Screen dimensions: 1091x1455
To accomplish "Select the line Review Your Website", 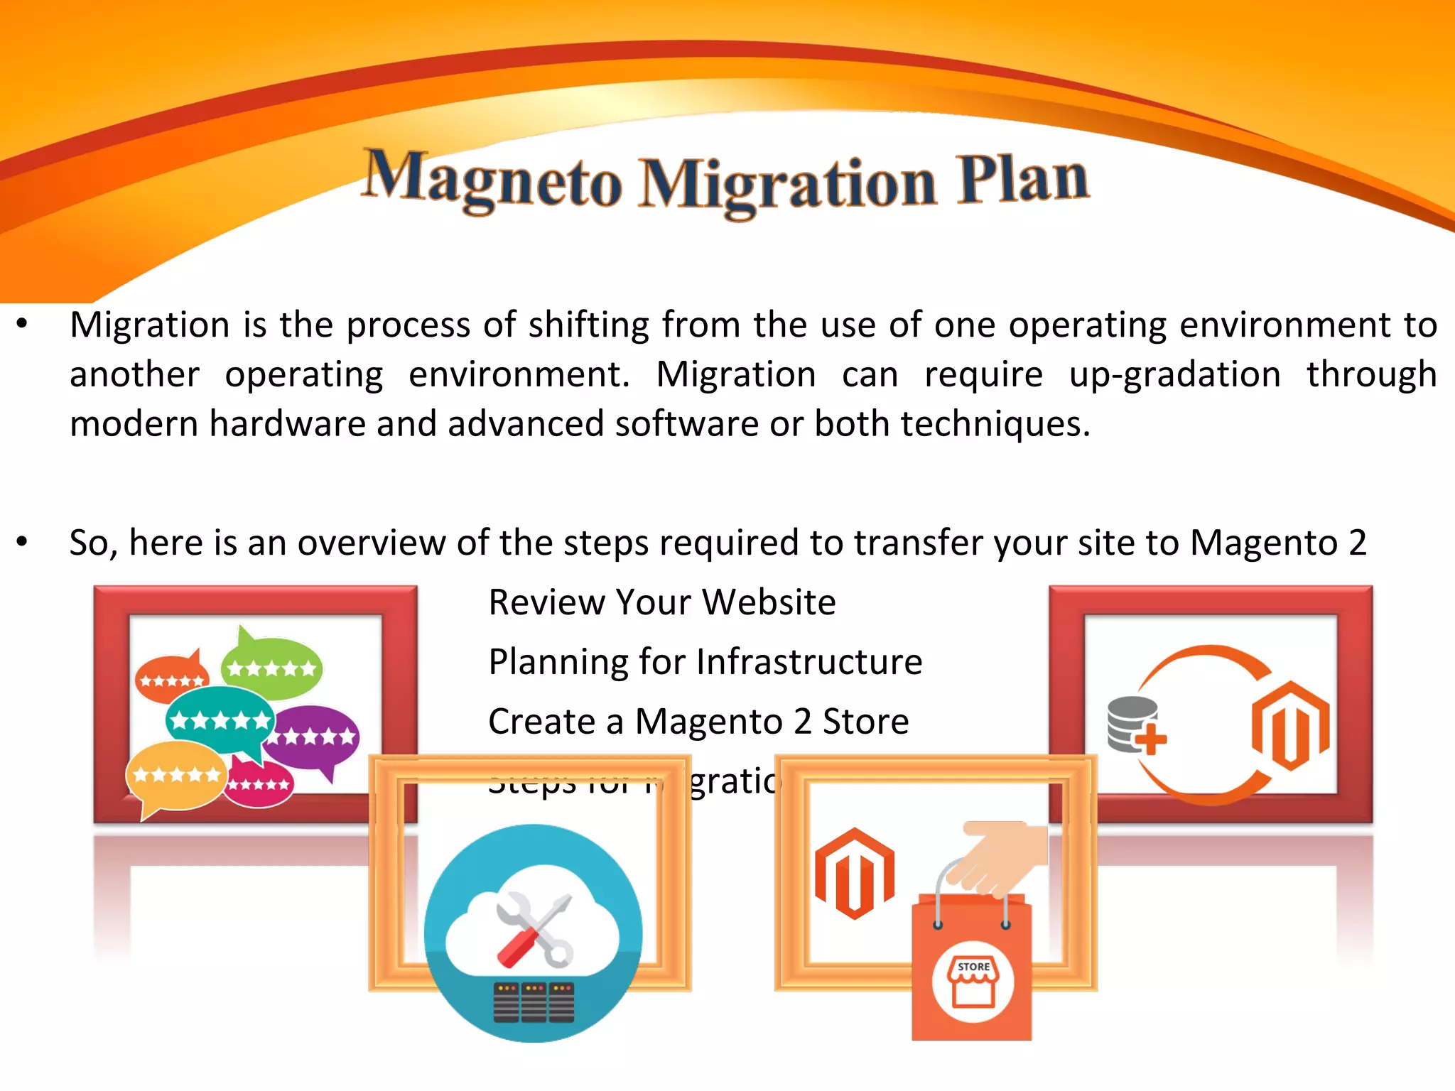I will pyautogui.click(x=662, y=602).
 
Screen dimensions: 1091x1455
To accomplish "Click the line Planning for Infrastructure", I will pyautogui.click(x=705, y=662).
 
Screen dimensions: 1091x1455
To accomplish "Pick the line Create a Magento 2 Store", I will pyautogui.click(x=698, y=722).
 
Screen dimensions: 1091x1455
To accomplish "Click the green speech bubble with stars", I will pyautogui.click(x=271, y=666).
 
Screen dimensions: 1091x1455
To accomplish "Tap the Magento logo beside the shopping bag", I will pyautogui.click(x=855, y=874).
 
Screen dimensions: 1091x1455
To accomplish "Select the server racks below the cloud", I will pyautogui.click(x=534, y=1002).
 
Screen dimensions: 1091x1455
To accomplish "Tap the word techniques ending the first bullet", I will pyautogui.click(x=994, y=424).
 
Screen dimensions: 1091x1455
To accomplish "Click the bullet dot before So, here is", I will pyautogui.click(x=22, y=542).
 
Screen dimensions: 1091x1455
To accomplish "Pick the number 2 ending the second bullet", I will pyautogui.click(x=1357, y=543).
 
